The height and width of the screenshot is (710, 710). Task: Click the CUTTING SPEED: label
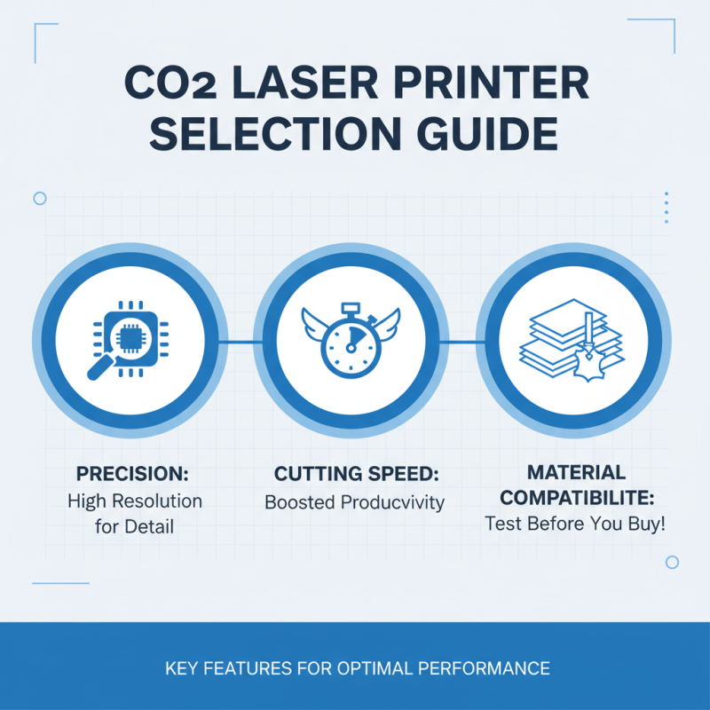point(354,471)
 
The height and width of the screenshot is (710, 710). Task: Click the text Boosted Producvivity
point(354,502)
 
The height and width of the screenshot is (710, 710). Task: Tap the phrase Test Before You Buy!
point(575,524)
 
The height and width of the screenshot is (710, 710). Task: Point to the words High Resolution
point(135,501)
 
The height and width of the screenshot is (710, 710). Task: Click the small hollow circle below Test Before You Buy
point(672,562)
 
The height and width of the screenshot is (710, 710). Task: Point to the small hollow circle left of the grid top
point(40,199)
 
